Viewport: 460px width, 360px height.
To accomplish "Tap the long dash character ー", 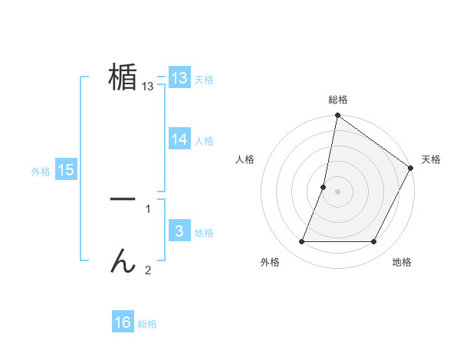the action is (123, 198).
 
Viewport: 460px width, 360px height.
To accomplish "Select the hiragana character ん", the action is (123, 261).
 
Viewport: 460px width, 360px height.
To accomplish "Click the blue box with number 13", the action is (179, 77).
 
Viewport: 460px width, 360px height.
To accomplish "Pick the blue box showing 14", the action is (179, 139).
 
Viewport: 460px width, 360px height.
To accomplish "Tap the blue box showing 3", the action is (179, 231).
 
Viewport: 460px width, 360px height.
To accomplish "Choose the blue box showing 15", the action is (66, 170).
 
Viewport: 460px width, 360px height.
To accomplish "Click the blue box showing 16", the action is (123, 322).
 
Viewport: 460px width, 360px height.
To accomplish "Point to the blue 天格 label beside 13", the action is (204, 79).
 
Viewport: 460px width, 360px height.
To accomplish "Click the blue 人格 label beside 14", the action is (204, 141).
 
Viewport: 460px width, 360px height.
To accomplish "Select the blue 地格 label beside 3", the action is (204, 233).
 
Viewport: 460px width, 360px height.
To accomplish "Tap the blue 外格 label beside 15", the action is (41, 172).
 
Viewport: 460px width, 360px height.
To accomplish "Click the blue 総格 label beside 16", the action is (147, 324).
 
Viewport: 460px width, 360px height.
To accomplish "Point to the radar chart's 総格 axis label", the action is (338, 100).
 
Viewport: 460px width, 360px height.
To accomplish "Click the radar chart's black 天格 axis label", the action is (431, 159).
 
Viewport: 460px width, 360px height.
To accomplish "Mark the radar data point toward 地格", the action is (374, 242).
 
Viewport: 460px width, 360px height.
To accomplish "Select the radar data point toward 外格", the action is (302, 242).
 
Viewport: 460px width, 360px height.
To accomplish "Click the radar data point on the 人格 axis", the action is (324, 187).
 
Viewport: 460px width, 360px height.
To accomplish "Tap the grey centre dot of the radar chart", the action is (338, 191).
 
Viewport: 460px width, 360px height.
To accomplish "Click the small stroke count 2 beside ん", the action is (148, 270).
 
